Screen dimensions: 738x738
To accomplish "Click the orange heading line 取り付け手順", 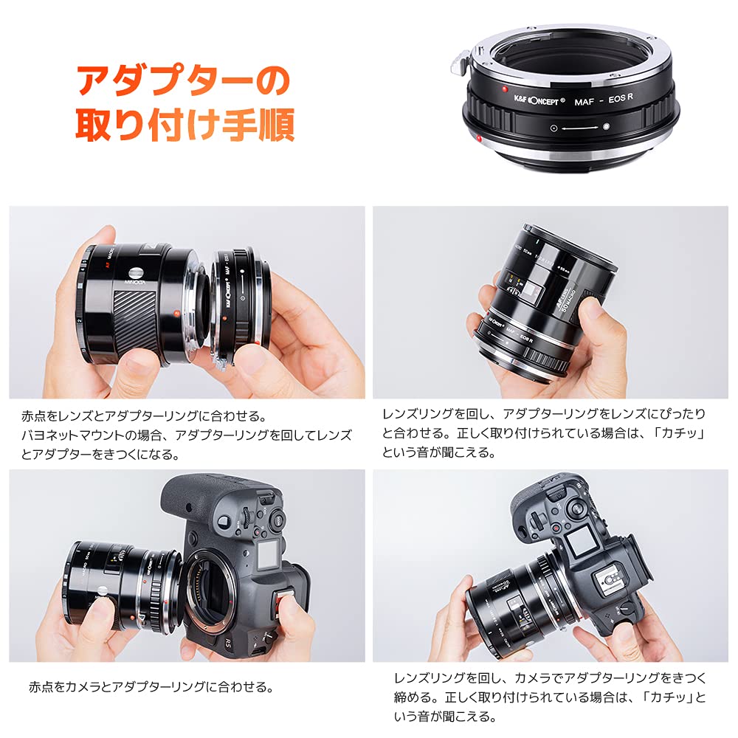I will tap(185, 125).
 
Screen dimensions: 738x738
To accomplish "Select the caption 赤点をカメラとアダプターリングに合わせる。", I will tap(151, 688).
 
